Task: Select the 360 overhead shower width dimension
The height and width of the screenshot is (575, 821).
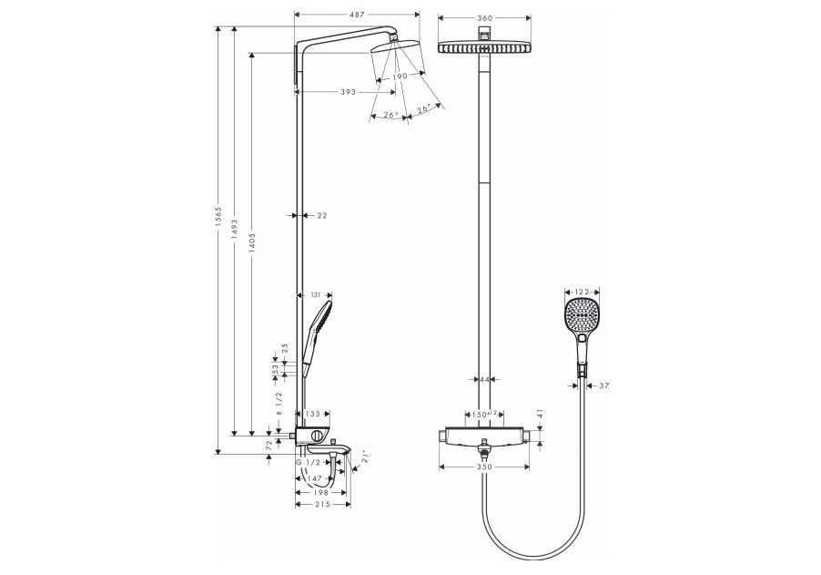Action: (484, 17)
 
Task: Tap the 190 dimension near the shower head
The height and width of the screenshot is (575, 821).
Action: (399, 77)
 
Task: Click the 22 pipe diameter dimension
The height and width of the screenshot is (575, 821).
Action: (321, 215)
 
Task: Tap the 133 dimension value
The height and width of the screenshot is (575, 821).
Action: (310, 414)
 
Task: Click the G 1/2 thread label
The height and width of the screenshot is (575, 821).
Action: (307, 464)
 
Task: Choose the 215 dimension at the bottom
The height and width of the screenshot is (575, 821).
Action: (322, 504)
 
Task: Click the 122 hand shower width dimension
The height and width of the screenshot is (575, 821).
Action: (582, 283)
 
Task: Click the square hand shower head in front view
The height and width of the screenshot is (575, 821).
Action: (582, 314)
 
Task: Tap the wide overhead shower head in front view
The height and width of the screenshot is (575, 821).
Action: (485, 47)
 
